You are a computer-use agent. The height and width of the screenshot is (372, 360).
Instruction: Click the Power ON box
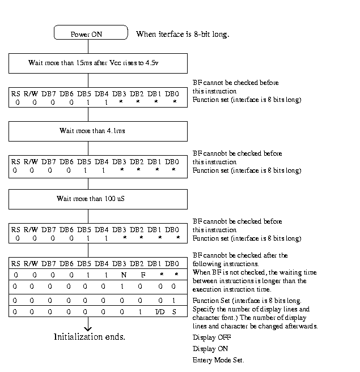coord(90,33)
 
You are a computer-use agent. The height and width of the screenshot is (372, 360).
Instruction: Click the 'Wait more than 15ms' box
coord(98,63)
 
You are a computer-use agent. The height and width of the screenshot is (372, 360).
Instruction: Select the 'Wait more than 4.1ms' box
coord(98,131)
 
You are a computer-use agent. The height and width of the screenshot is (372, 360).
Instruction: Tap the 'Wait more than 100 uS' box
coord(98,199)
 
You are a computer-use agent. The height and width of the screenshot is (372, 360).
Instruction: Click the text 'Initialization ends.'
coord(89,337)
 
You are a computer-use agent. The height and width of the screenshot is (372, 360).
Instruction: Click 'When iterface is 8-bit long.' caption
coord(183,34)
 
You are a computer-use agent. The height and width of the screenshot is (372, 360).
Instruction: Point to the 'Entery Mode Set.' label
coord(218,361)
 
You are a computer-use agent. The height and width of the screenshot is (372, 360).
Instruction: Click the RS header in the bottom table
coord(16,263)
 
